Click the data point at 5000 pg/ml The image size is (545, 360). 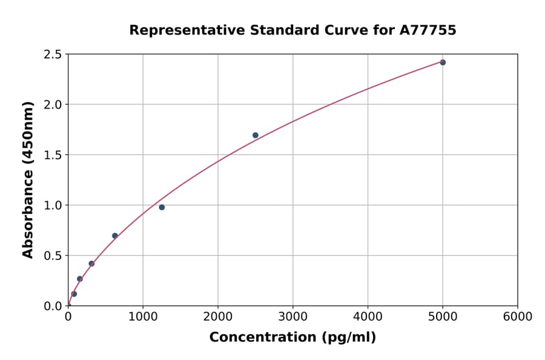pyautogui.click(x=443, y=62)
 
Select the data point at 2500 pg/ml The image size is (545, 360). pyautogui.click(x=256, y=135)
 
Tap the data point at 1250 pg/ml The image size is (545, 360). pyautogui.click(x=162, y=207)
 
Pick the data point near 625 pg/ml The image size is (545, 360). pyautogui.click(x=115, y=236)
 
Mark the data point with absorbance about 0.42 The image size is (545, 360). pyautogui.click(x=91, y=264)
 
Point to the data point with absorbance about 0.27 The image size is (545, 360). pyautogui.click(x=79, y=279)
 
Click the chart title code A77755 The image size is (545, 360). pyautogui.click(x=429, y=30)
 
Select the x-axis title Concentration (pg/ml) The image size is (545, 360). pyautogui.click(x=292, y=338)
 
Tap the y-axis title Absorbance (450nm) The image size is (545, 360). pyautogui.click(x=28, y=179)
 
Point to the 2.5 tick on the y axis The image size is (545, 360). pyautogui.click(x=53, y=55)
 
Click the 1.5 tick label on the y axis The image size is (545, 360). pyautogui.click(x=53, y=155)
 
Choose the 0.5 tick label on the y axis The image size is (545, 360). pyautogui.click(x=53, y=256)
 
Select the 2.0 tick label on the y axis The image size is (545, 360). pyautogui.click(x=53, y=105)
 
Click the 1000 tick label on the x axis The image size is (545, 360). pyautogui.click(x=143, y=317)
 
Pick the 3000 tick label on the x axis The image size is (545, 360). pyautogui.click(x=292, y=317)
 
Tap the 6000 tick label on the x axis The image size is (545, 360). pyautogui.click(x=517, y=317)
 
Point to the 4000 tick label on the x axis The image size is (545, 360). pyautogui.click(x=368, y=317)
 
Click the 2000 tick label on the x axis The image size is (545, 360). pyautogui.click(x=218, y=317)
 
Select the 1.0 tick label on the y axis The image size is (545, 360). pyautogui.click(x=53, y=205)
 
